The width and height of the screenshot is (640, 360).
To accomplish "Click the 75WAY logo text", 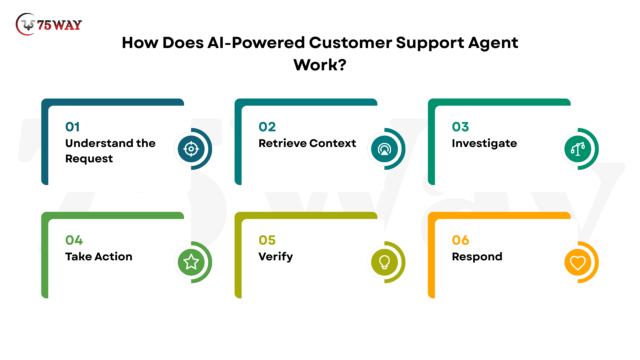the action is tap(59, 25).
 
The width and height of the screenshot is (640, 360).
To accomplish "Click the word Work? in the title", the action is tap(320, 65).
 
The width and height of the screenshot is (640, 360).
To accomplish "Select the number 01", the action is tap(72, 127).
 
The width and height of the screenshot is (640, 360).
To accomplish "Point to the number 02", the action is tap(267, 127).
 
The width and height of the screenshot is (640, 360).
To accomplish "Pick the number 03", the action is tap(460, 127).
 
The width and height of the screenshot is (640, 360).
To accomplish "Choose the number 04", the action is tap(74, 240).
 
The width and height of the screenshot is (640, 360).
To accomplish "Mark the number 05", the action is tap(267, 240).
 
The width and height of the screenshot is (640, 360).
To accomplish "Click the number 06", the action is tap(460, 240).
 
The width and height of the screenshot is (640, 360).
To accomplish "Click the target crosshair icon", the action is tap(191, 149).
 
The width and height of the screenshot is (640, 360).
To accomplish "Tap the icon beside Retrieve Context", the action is tap(384, 149).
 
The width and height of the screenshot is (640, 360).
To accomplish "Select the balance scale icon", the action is tap(578, 149).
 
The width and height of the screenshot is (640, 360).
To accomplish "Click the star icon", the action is tap(191, 262).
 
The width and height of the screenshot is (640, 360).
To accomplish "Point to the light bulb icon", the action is tap(384, 262).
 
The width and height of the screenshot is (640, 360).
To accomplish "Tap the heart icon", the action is tap(578, 262).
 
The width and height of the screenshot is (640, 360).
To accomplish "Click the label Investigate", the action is tap(484, 143).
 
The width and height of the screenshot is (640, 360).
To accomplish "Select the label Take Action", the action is tap(99, 256).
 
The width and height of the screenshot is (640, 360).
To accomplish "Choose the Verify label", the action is tap(276, 257).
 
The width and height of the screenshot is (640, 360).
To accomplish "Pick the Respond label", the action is tap(477, 257).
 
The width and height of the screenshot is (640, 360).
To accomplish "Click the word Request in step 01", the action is tap(89, 159).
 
